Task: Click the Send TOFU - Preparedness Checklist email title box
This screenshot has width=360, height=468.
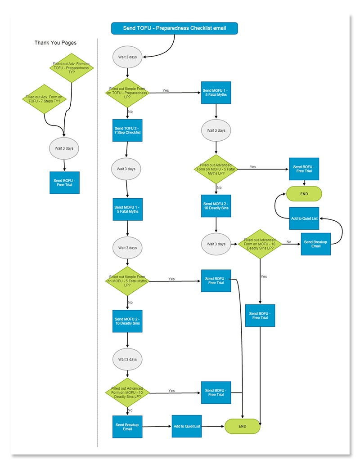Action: (x=174, y=28)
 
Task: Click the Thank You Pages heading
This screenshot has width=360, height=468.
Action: (x=55, y=43)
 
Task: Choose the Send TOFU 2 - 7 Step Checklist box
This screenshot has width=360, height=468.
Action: (x=127, y=130)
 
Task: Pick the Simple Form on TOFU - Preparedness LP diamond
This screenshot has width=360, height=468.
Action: (x=127, y=93)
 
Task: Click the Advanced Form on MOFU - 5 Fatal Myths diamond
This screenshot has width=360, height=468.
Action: (x=216, y=169)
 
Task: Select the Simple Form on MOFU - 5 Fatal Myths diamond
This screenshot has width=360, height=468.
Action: (x=127, y=281)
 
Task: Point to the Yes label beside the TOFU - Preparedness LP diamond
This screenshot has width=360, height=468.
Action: (x=166, y=90)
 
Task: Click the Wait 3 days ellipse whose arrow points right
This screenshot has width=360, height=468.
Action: (x=216, y=244)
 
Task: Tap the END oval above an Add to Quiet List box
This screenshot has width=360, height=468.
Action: (x=304, y=194)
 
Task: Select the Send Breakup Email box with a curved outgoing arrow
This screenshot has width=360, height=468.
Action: (x=315, y=244)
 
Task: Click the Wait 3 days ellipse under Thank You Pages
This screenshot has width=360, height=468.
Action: (x=64, y=148)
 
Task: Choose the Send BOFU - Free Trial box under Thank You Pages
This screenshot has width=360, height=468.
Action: (x=64, y=183)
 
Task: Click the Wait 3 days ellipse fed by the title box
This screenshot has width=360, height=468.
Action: (x=127, y=57)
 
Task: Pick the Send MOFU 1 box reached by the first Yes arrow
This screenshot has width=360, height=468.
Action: (x=216, y=93)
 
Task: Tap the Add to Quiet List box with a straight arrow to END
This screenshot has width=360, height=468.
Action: (x=186, y=426)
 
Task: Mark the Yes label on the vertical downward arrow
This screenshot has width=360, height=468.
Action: (x=264, y=276)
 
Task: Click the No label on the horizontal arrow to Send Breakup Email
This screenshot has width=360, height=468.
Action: (x=289, y=242)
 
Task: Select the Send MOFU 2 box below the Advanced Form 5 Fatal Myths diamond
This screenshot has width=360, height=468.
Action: (x=216, y=206)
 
